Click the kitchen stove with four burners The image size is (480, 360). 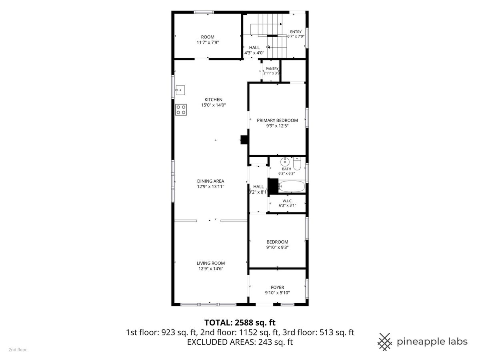[x=181, y=110]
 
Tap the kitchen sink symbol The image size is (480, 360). [x=180, y=90]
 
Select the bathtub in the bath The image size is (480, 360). [x=292, y=186]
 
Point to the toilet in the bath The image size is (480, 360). [x=297, y=164]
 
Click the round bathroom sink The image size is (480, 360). [x=285, y=162]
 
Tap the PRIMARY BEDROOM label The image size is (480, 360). [x=277, y=120]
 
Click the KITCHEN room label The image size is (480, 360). [x=214, y=100]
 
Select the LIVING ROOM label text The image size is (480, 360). [x=211, y=263]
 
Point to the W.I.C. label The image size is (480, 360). [x=287, y=201]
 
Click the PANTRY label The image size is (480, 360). [x=272, y=69]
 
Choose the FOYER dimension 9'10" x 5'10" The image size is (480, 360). [x=278, y=293]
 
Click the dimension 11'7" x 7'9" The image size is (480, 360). [x=208, y=42]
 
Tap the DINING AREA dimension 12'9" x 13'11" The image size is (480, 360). [x=210, y=186]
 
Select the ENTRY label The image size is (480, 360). [x=296, y=32]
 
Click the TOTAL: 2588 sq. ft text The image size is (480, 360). [x=240, y=323]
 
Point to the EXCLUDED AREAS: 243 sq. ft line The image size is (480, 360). [x=240, y=342]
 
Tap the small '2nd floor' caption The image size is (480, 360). [x=18, y=350]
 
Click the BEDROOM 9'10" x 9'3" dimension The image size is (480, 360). [x=278, y=248]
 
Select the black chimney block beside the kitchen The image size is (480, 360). [x=244, y=140]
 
